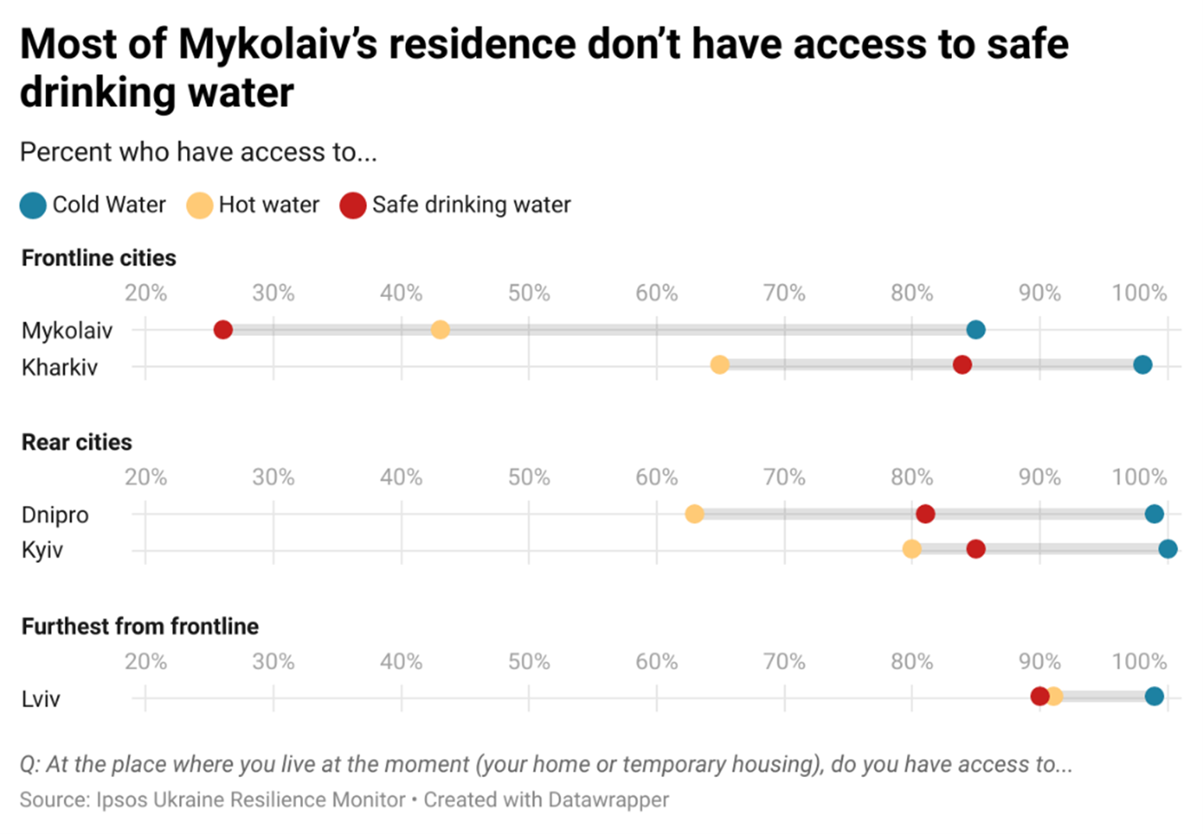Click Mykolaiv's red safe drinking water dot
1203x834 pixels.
[223, 330]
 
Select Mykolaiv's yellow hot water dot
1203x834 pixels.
[440, 330]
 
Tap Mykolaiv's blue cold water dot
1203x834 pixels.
[975, 330]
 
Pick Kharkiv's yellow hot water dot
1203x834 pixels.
[719, 365]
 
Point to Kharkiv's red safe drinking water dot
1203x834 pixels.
[962, 365]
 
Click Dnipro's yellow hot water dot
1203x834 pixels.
[694, 514]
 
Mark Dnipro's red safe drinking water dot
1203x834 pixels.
[925, 514]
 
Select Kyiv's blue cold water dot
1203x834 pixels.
[1167, 550]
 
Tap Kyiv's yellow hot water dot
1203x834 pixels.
[912, 550]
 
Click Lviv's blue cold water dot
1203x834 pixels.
[1154, 696]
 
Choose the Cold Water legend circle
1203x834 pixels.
[34, 206]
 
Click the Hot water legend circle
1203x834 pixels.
[199, 206]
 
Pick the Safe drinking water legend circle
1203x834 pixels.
[353, 206]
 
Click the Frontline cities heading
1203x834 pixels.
[99, 258]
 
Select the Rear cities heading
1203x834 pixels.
[77, 442]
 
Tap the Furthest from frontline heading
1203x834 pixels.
[140, 626]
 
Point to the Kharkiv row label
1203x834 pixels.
[60, 367]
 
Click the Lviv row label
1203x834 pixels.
[41, 698]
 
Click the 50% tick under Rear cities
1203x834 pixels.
[529, 477]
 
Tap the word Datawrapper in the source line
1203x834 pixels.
[609, 800]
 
